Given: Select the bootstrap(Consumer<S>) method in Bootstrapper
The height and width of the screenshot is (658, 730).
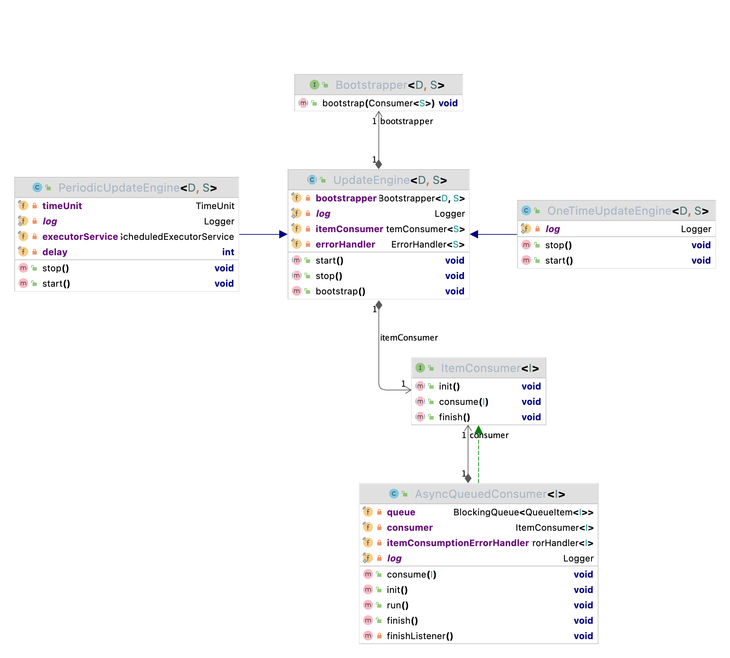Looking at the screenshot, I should (x=378, y=103).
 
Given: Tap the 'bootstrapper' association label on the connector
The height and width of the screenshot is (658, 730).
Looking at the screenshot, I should (x=406, y=121).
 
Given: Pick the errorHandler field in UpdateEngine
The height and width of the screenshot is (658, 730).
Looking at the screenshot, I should (x=345, y=244).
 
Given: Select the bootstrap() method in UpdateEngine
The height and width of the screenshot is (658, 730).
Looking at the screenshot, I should (x=340, y=291).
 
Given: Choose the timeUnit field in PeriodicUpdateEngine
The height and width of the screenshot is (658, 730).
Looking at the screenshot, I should (x=62, y=206).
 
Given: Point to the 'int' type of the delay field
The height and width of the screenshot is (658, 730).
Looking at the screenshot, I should (x=228, y=252).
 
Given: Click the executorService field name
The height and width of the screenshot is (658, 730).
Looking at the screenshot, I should (x=80, y=236).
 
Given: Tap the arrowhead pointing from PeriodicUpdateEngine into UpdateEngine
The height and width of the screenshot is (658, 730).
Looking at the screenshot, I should (x=283, y=234).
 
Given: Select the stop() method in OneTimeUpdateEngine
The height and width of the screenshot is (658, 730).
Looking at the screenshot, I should (x=558, y=245).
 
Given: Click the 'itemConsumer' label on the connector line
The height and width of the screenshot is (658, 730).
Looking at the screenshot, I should (x=409, y=337).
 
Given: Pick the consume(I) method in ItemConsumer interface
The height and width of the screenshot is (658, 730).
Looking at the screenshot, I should (x=463, y=402).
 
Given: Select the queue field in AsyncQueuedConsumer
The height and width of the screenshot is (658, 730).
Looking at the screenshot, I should (x=401, y=512).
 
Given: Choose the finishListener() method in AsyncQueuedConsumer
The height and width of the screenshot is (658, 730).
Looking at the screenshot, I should (x=420, y=636).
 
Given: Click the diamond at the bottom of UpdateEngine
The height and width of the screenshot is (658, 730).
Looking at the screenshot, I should (x=379, y=305).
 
